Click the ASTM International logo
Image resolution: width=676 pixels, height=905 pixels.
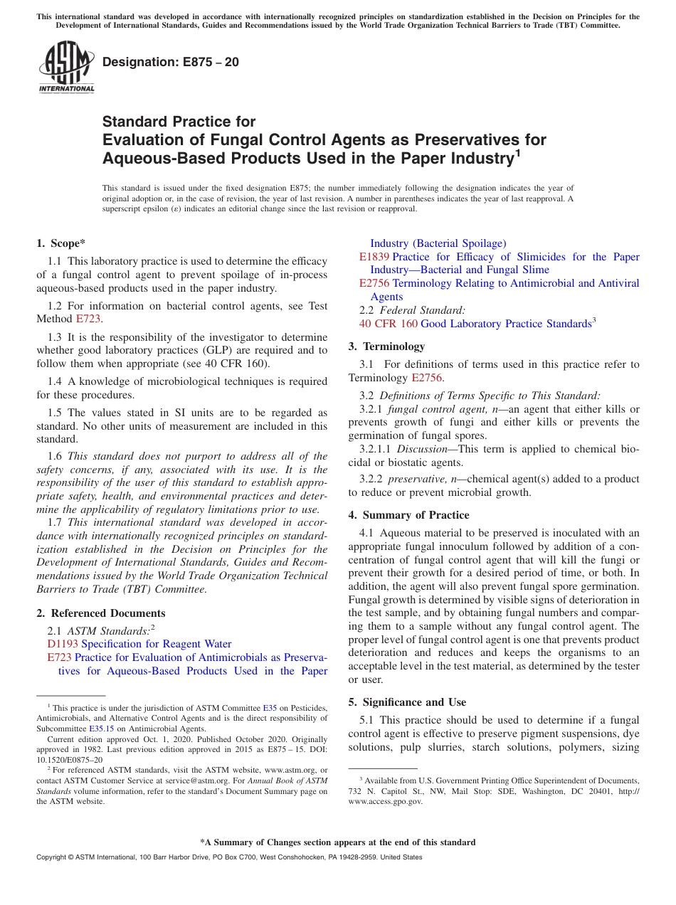[x=66, y=68]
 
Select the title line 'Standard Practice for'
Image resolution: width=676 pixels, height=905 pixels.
[x=179, y=122]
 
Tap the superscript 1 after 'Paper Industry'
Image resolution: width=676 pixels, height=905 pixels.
[x=518, y=152]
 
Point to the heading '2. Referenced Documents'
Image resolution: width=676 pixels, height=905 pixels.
[x=100, y=613]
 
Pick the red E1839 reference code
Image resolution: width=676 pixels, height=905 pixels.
[x=374, y=257]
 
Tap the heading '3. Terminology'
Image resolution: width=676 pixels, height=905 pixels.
[x=386, y=346]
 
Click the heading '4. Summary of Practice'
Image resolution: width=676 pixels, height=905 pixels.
[x=408, y=515]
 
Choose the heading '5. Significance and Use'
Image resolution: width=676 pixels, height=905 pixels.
[x=407, y=702]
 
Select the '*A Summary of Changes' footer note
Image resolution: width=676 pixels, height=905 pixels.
[x=337, y=842]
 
